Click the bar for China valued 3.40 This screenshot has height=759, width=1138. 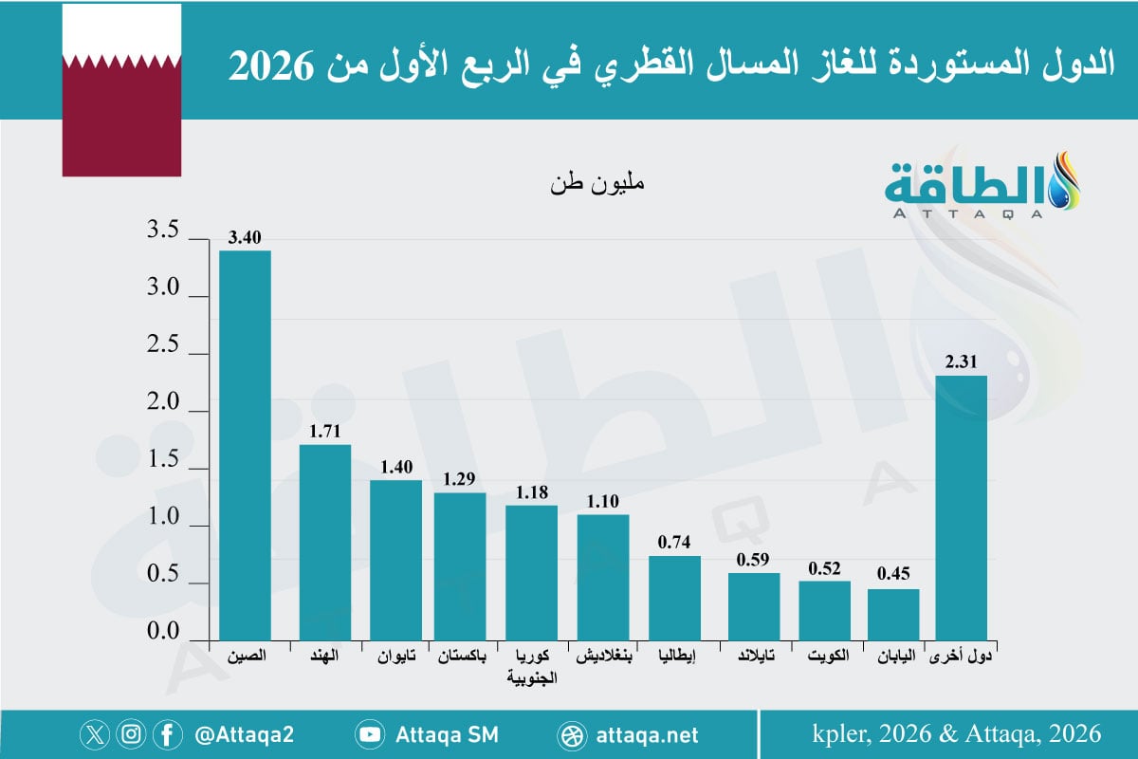tap(245, 446)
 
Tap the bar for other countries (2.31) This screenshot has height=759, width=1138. tap(961, 508)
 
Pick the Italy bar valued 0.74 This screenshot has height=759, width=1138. tap(674, 598)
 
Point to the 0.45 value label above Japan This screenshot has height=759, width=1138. tap(892, 574)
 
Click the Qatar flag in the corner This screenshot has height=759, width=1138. tap(121, 90)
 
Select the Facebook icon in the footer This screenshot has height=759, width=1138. tap(167, 734)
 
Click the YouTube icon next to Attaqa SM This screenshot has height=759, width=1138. tap(370, 734)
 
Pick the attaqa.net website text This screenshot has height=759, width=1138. tap(650, 734)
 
